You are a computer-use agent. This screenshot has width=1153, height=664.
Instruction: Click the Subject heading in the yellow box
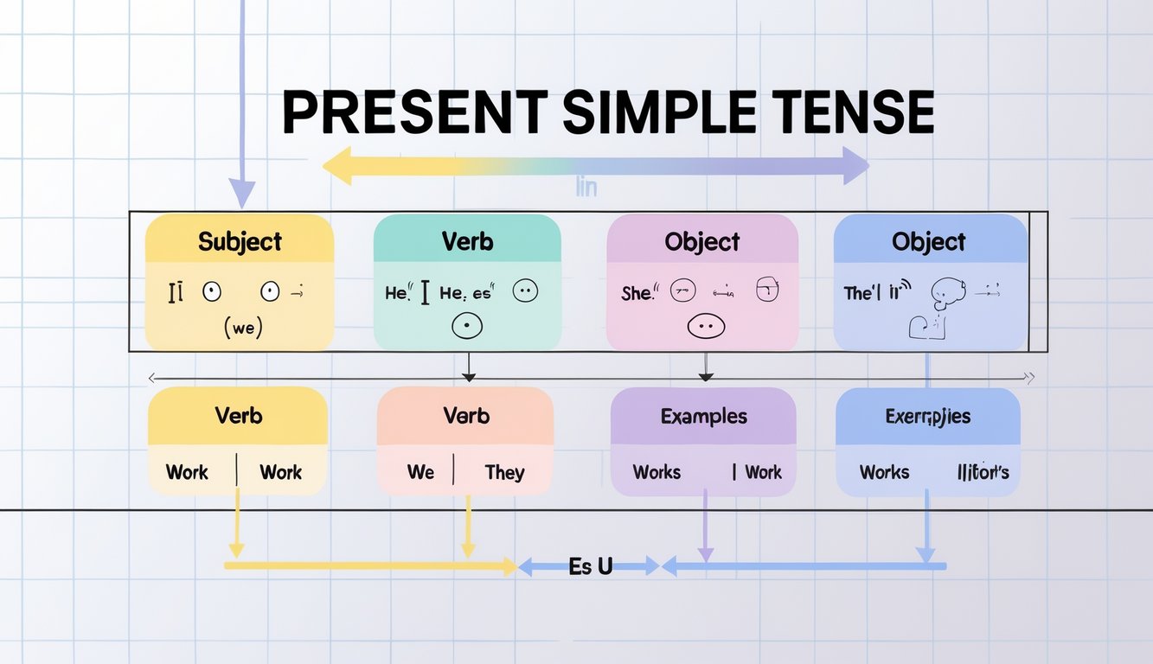tap(240, 241)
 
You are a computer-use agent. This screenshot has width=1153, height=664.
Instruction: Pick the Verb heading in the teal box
tap(467, 241)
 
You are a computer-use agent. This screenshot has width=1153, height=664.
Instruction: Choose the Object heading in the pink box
tap(702, 241)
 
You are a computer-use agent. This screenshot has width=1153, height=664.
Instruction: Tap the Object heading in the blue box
tap(929, 241)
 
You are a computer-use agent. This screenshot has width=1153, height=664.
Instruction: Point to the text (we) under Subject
tap(242, 329)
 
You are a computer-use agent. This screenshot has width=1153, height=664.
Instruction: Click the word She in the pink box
tap(637, 293)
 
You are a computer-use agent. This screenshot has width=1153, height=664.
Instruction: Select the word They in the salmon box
tap(504, 472)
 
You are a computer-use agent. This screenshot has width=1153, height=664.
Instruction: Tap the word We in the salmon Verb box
tap(420, 472)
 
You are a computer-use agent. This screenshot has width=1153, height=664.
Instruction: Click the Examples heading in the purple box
tap(703, 416)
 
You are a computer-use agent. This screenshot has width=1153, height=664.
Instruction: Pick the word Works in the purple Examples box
tap(657, 472)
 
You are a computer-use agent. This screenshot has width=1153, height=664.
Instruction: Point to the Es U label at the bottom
tap(591, 567)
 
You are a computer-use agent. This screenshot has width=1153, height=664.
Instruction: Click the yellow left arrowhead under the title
tap(335, 165)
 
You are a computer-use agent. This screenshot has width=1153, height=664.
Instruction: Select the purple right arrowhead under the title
tap(855, 165)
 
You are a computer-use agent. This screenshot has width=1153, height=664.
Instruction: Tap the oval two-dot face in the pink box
tap(705, 328)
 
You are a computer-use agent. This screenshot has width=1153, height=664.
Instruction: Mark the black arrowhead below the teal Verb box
tap(468, 376)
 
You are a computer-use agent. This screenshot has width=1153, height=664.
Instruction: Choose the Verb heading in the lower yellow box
tap(239, 416)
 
